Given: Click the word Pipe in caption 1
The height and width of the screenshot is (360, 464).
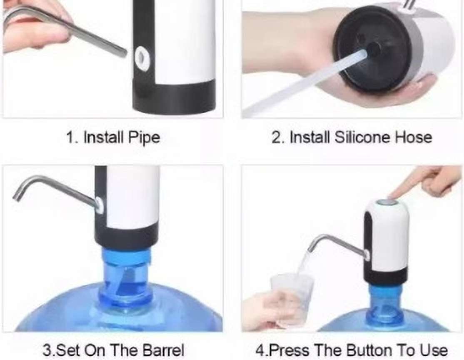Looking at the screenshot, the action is point(144,137).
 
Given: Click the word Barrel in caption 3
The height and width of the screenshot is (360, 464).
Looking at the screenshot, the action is point(163,350).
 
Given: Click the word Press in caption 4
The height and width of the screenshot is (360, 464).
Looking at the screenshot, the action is point(290,350).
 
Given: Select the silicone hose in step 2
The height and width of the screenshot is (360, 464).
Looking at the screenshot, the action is point(305,83).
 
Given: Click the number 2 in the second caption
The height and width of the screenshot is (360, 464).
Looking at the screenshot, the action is point(275,137).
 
